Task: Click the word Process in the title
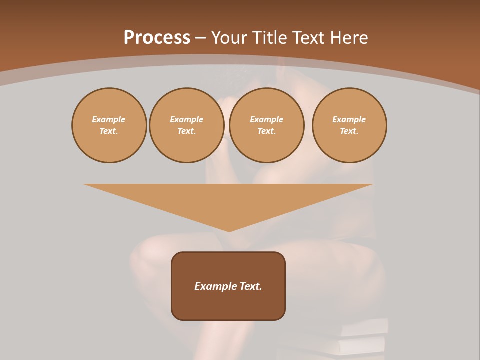157,38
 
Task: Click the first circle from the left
109,125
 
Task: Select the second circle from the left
186,125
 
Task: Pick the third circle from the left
266,125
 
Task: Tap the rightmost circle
349,125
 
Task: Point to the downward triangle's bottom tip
229,231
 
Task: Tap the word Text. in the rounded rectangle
250,286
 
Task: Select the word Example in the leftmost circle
109,119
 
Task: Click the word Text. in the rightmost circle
349,131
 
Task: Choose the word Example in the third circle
266,119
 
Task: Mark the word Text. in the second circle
186,131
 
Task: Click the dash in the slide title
201,38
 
